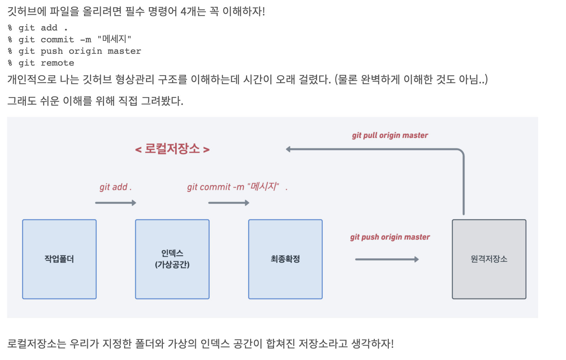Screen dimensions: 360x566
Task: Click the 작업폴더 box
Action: [59, 259]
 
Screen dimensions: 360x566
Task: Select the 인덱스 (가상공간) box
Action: [172, 259]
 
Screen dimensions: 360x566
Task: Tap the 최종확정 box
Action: [285, 259]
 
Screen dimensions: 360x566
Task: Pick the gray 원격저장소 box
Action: [489, 259]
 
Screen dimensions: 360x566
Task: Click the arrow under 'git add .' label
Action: [115, 203]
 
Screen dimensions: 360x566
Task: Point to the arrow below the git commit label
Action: [228, 203]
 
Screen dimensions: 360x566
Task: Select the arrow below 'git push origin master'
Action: [387, 259]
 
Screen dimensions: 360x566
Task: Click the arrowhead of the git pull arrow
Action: [288, 149]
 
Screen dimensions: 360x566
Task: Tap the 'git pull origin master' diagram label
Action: [390, 136]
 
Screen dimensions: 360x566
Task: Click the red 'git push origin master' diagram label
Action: [390, 237]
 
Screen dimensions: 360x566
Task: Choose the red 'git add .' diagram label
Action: [115, 187]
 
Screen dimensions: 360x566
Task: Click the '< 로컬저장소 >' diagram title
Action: [172, 149]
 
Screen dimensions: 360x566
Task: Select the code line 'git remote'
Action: [46, 63]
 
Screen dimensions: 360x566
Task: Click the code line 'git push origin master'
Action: [80, 51]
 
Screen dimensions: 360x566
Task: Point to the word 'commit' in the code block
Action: [57, 39]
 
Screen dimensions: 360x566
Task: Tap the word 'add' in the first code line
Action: [49, 28]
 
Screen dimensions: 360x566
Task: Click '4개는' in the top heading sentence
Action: [193, 11]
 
